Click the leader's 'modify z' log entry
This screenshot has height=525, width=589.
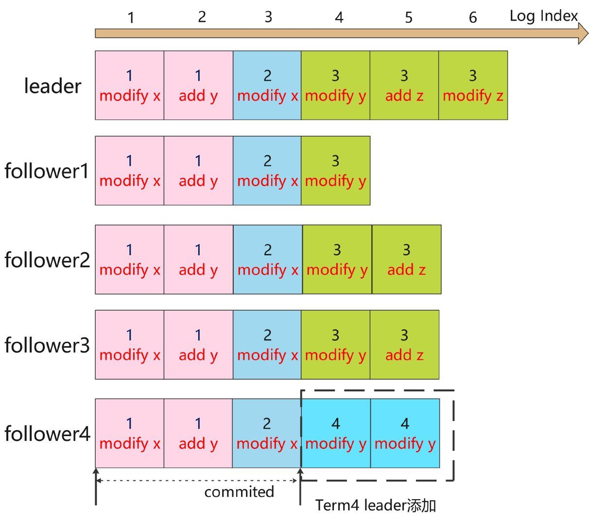[473, 85]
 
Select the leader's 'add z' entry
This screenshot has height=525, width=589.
[404, 85]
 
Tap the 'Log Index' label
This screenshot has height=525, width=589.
[543, 16]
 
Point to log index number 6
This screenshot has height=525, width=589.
[473, 18]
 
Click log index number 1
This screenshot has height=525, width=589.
[130, 18]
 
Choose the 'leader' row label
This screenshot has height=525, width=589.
[53, 86]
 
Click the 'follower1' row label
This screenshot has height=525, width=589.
[47, 171]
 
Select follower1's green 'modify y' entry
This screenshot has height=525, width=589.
[335, 171]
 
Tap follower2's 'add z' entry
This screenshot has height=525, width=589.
[406, 259]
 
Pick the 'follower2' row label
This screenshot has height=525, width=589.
[47, 260]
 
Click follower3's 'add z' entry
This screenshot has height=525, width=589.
[404, 345]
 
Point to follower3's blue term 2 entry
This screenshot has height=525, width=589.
[267, 345]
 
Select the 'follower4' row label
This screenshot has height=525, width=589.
[47, 434]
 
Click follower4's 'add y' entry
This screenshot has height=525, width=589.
[198, 433]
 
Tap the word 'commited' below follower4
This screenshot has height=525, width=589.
[239, 492]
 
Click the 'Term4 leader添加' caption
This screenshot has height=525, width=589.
[375, 506]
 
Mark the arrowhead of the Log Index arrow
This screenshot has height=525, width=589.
[583, 33]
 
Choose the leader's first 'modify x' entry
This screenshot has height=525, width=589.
[130, 85]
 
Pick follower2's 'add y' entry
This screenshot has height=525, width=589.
[198, 259]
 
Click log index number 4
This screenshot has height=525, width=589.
[339, 18]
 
